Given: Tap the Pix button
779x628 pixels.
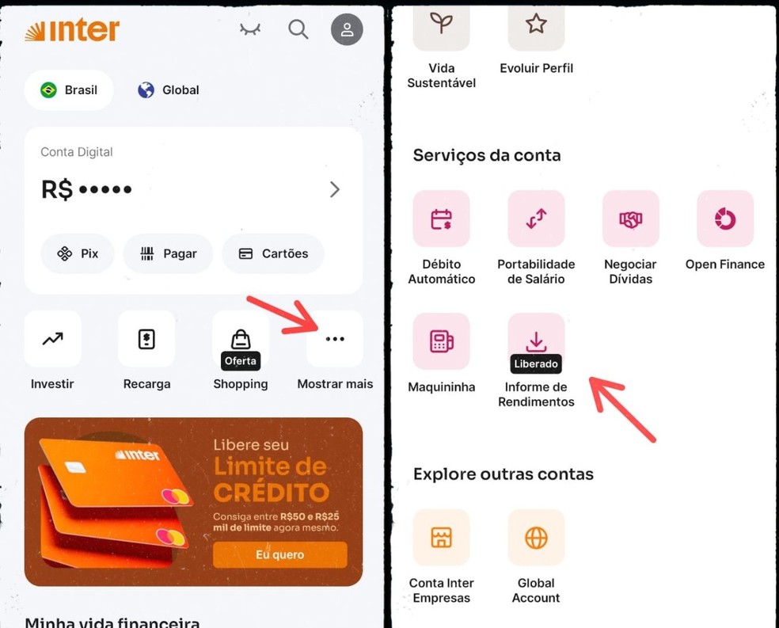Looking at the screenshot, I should tap(78, 253).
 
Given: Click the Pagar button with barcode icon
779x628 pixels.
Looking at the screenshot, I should tap(168, 253).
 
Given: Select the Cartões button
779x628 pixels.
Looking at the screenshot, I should tap(273, 253).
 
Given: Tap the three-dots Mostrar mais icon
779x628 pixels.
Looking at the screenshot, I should tap(335, 339).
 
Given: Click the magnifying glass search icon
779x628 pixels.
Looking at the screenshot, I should tap(298, 29).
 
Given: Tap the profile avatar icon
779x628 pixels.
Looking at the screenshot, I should tap(347, 30).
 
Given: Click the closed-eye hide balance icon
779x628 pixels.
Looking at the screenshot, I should tap(250, 29).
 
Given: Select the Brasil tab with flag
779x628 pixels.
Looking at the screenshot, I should tap(69, 89).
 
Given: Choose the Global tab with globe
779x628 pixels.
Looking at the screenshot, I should tap(168, 89).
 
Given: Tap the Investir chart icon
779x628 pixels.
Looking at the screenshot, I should tap(53, 339).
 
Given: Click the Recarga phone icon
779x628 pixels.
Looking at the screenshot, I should tap(146, 339).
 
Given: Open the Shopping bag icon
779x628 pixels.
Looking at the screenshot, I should tap(241, 339).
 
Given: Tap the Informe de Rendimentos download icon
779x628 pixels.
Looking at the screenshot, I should tap(536, 342).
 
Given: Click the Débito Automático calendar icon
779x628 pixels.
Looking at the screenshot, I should tap(441, 219).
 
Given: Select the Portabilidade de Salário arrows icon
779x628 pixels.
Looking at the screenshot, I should tap(536, 219).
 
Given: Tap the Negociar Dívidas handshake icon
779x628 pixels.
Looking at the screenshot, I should tap(630, 219).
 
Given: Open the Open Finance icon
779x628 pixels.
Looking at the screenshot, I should tap(725, 219).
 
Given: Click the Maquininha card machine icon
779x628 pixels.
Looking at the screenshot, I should tap(441, 341).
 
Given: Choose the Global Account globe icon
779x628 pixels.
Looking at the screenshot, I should tap(536, 538).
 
